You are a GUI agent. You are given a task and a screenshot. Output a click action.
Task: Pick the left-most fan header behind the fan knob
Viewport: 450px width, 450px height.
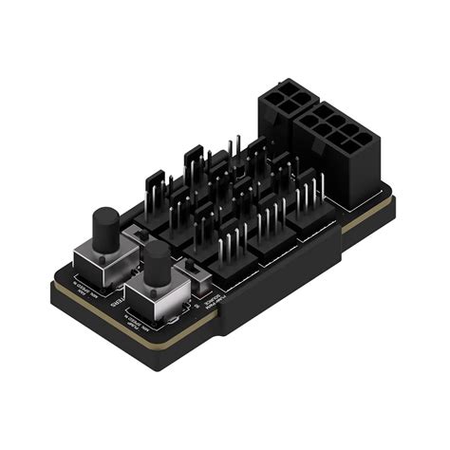158,189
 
